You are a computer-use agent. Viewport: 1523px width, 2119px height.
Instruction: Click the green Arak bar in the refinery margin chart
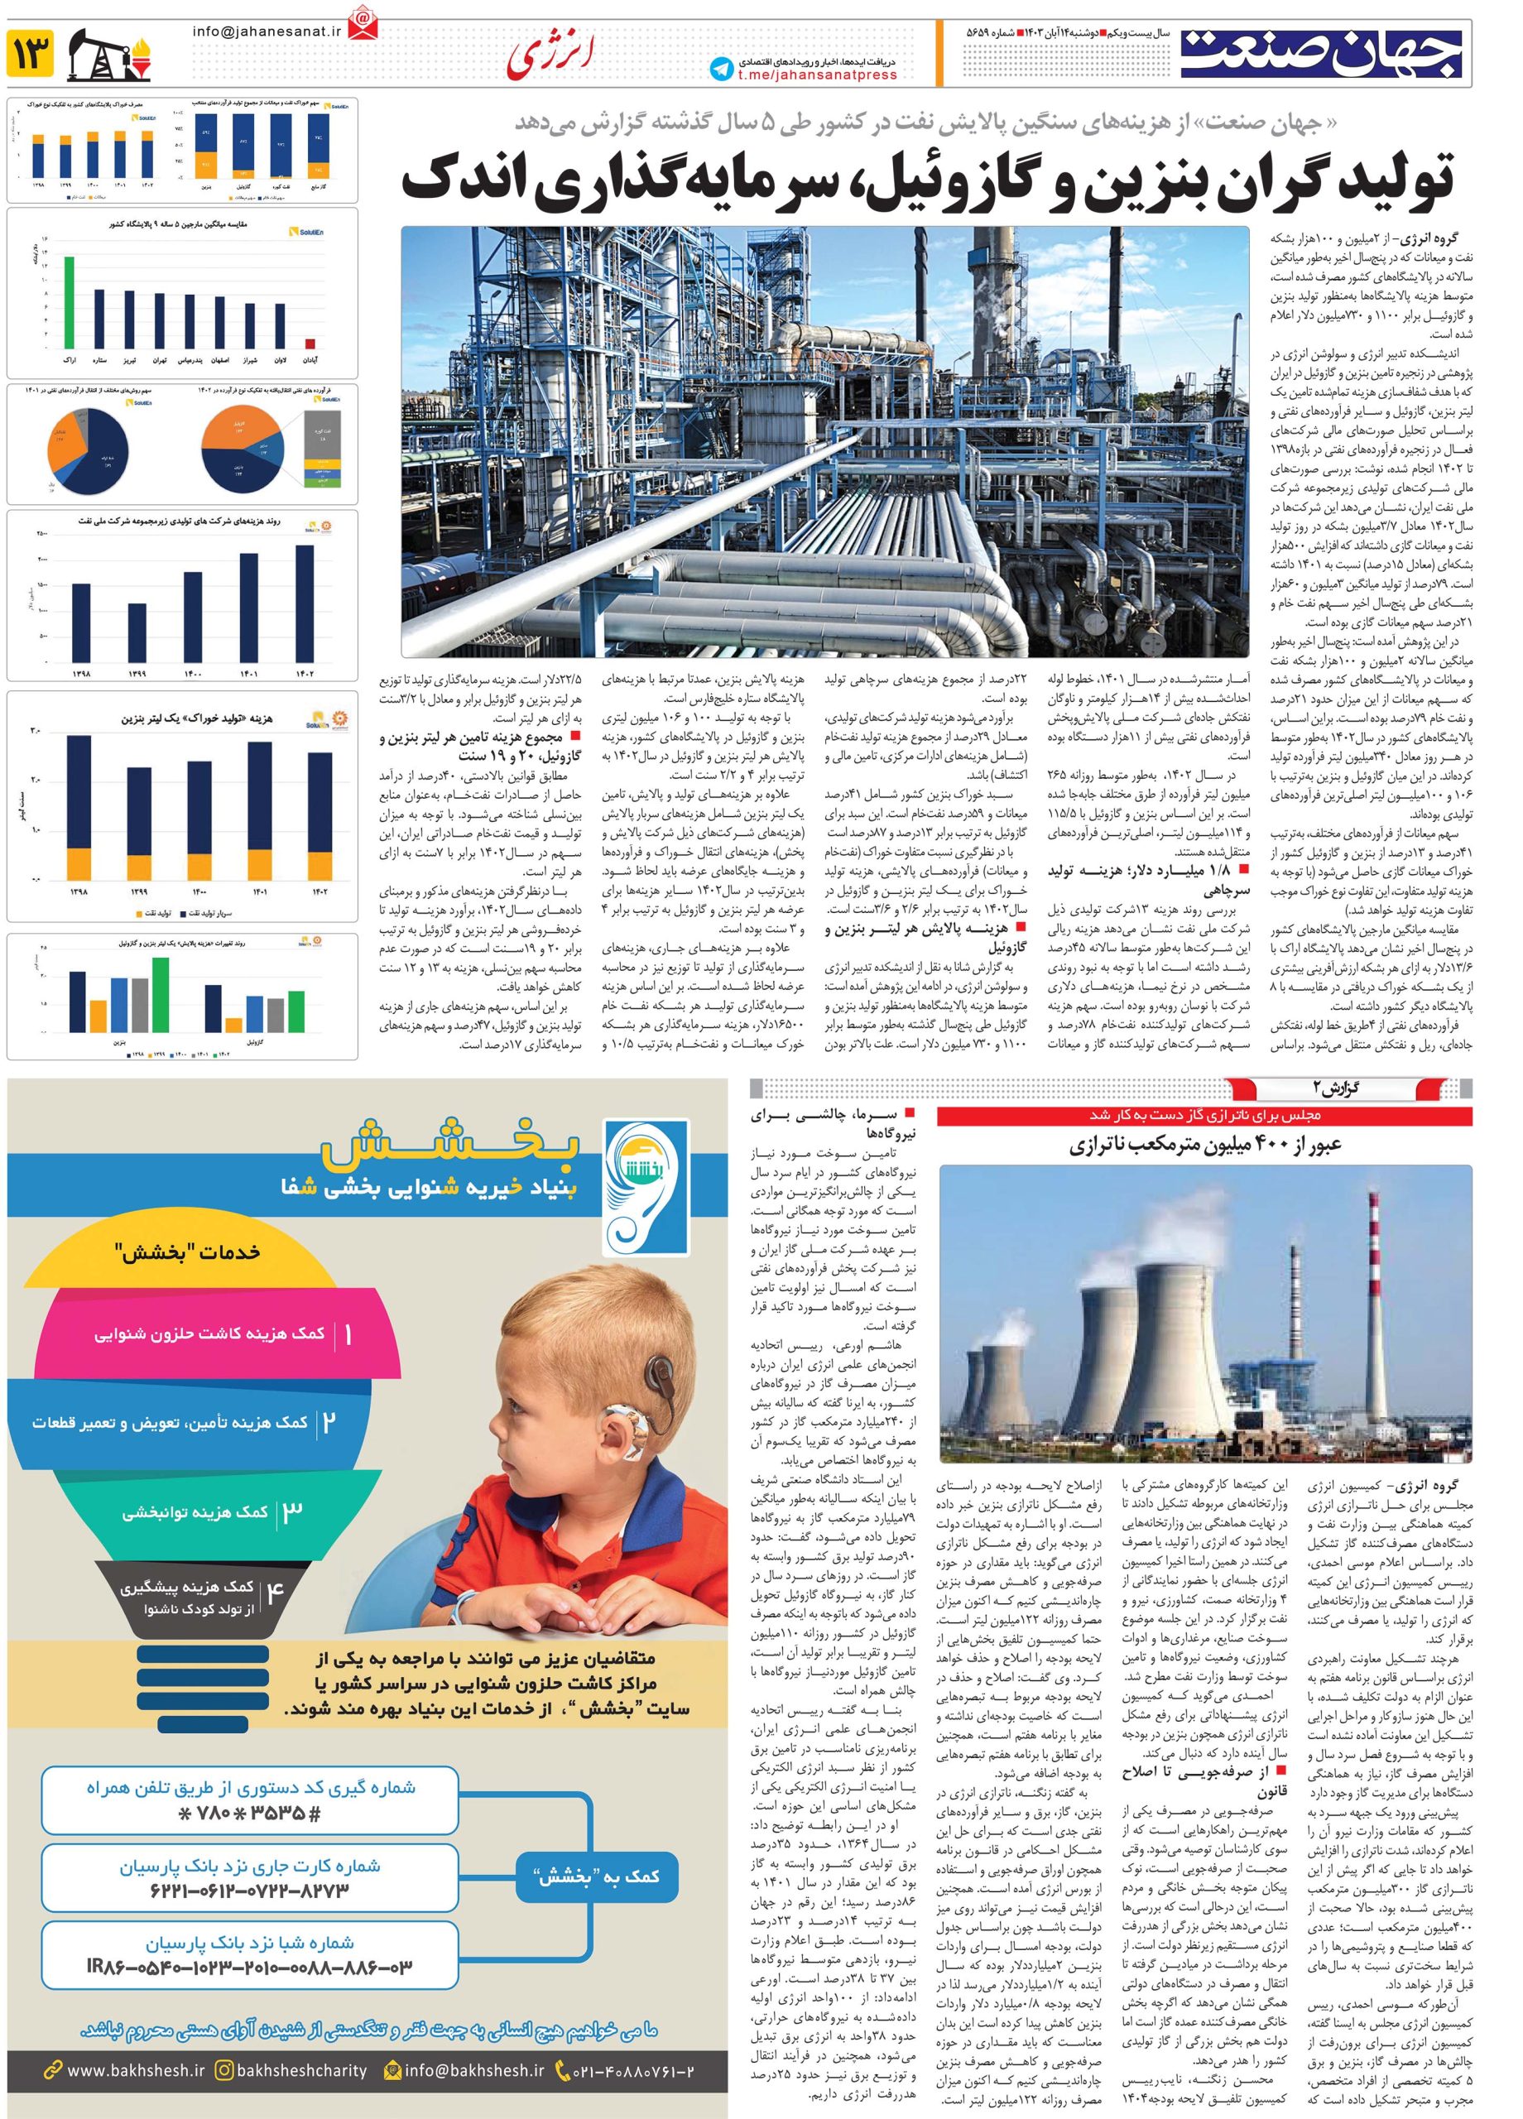tap(70, 300)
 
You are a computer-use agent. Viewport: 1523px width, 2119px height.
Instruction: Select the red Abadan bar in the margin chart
tap(310, 343)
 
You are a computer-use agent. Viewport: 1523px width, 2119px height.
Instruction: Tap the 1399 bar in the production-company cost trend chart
tap(137, 632)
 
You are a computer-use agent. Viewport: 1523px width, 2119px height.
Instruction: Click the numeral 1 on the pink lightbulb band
tap(348, 1334)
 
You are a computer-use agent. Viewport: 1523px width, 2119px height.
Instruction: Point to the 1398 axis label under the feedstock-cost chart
tap(79, 892)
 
